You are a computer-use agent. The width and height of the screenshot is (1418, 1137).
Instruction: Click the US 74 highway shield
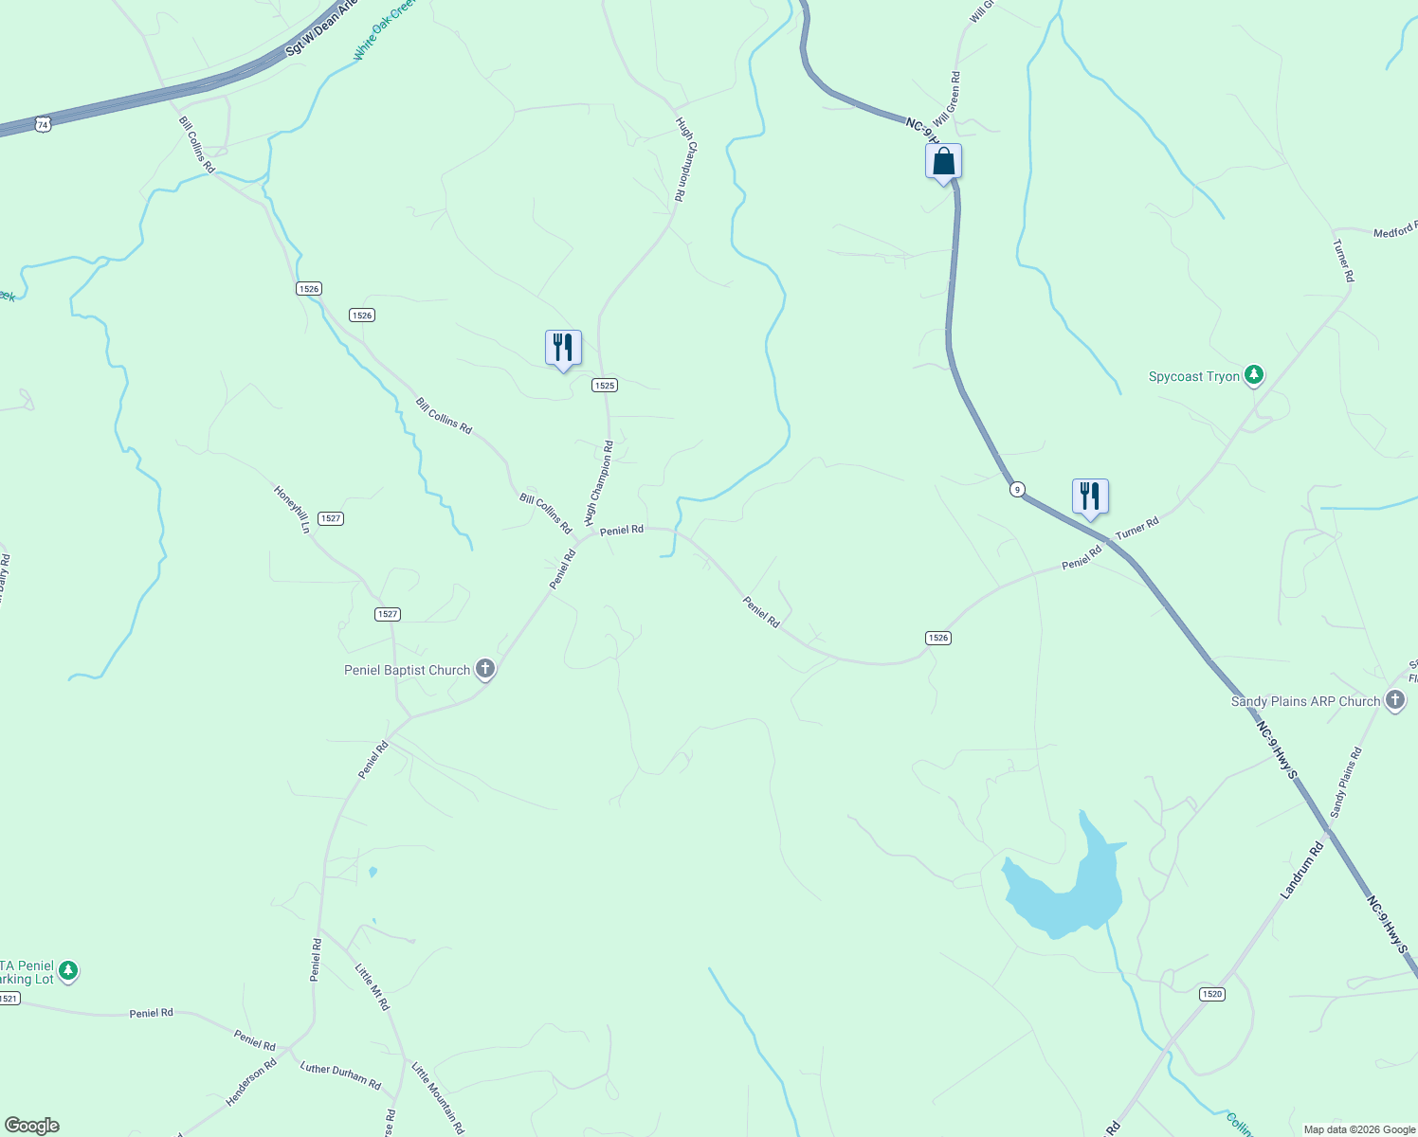pyautogui.click(x=43, y=124)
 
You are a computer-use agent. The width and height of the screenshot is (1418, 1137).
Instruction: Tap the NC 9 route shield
pyautogui.click(x=1017, y=489)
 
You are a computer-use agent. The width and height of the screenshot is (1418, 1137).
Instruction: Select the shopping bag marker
pyautogui.click(x=943, y=162)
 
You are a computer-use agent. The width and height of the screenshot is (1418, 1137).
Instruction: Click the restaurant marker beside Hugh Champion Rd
pyautogui.click(x=563, y=348)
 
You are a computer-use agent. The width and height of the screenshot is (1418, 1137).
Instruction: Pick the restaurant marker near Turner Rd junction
pyautogui.click(x=1090, y=496)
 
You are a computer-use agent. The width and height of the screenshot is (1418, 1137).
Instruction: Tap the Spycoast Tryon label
pyautogui.click(x=1193, y=376)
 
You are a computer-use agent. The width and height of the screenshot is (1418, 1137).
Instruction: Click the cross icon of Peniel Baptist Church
pyautogui.click(x=484, y=670)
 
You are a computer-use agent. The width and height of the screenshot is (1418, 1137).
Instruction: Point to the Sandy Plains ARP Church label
pyautogui.click(x=1305, y=701)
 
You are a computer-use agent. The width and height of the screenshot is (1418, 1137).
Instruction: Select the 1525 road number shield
pyautogui.click(x=605, y=385)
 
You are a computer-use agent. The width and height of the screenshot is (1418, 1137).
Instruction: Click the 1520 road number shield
pyautogui.click(x=1211, y=994)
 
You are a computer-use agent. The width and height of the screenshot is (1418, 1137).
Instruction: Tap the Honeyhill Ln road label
pyautogui.click(x=292, y=509)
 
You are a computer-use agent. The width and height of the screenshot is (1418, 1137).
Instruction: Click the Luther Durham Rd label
pyautogui.click(x=340, y=1075)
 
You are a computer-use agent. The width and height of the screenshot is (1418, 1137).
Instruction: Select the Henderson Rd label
pyautogui.click(x=251, y=1082)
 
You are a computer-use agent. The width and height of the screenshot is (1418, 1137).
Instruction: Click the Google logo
pyautogui.click(x=32, y=1126)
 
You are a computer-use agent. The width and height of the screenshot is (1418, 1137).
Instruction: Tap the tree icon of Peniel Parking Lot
pyautogui.click(x=67, y=970)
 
